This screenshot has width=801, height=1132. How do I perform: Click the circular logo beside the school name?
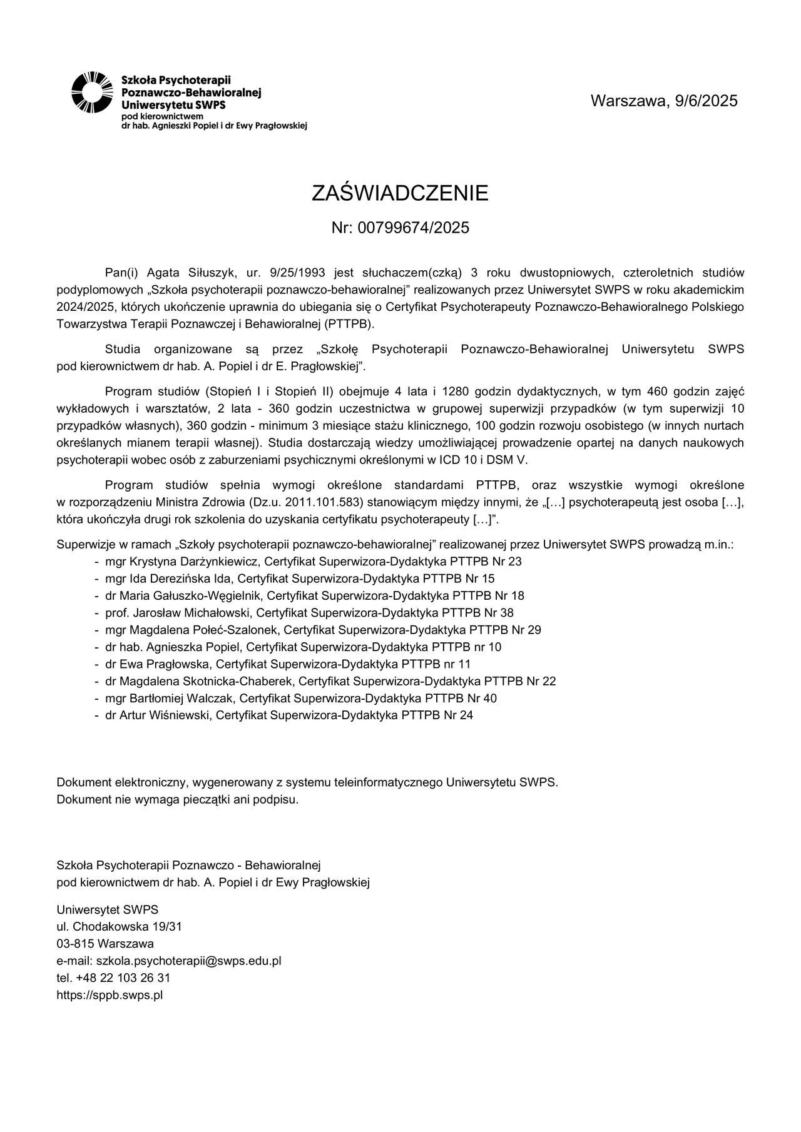92,93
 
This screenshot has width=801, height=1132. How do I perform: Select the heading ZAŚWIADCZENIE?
400,193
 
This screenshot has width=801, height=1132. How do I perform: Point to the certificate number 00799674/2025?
413,228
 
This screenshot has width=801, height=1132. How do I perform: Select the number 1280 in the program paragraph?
456,392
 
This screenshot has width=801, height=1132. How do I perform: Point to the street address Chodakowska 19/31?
127,926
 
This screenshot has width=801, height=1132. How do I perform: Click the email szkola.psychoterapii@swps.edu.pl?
188,961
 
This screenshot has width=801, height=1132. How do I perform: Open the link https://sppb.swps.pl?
110,995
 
